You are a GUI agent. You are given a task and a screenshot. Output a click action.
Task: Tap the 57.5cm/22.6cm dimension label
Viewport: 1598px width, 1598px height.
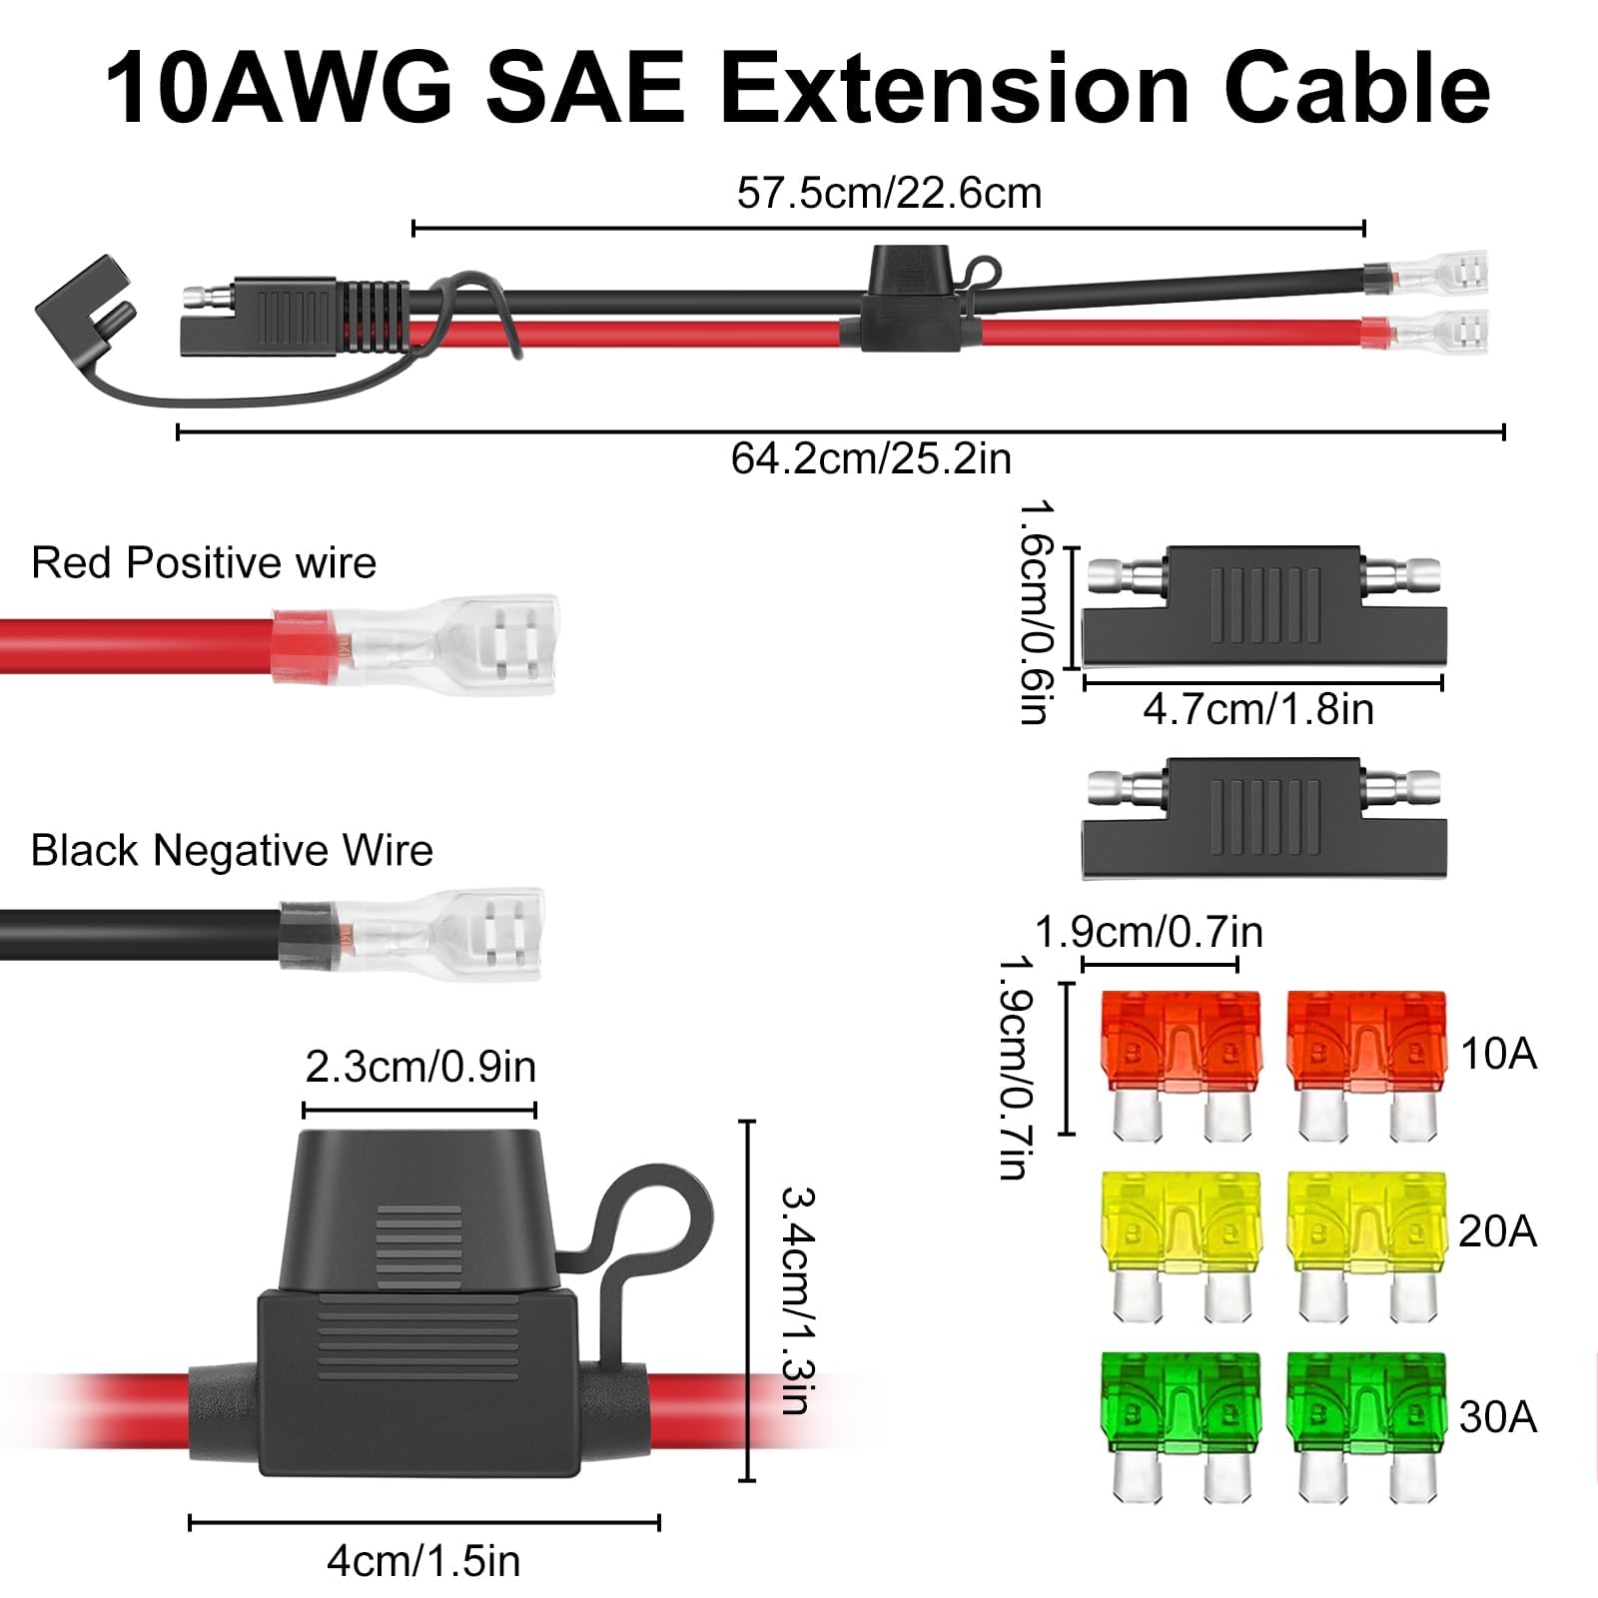click(x=889, y=193)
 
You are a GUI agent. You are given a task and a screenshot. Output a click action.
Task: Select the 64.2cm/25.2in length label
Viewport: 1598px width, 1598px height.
click(x=871, y=458)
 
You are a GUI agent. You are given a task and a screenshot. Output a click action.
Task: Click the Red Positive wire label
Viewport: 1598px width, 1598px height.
click(x=204, y=563)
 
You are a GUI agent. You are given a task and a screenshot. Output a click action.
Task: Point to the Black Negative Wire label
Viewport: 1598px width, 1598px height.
click(x=232, y=851)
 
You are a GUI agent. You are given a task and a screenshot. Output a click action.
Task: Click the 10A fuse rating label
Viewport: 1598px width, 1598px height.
click(x=1498, y=1055)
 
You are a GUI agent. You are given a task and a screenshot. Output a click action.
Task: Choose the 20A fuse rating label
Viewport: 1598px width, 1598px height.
click(x=1497, y=1231)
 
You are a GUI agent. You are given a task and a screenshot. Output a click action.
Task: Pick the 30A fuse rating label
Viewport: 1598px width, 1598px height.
click(x=1497, y=1417)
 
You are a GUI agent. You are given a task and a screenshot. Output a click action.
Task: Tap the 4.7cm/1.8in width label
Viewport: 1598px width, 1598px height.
click(x=1258, y=710)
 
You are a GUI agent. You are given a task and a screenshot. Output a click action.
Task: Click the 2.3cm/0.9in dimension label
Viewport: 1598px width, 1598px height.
click(x=420, y=1068)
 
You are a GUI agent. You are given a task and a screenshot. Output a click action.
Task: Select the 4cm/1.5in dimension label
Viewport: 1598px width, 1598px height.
click(x=423, y=1561)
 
